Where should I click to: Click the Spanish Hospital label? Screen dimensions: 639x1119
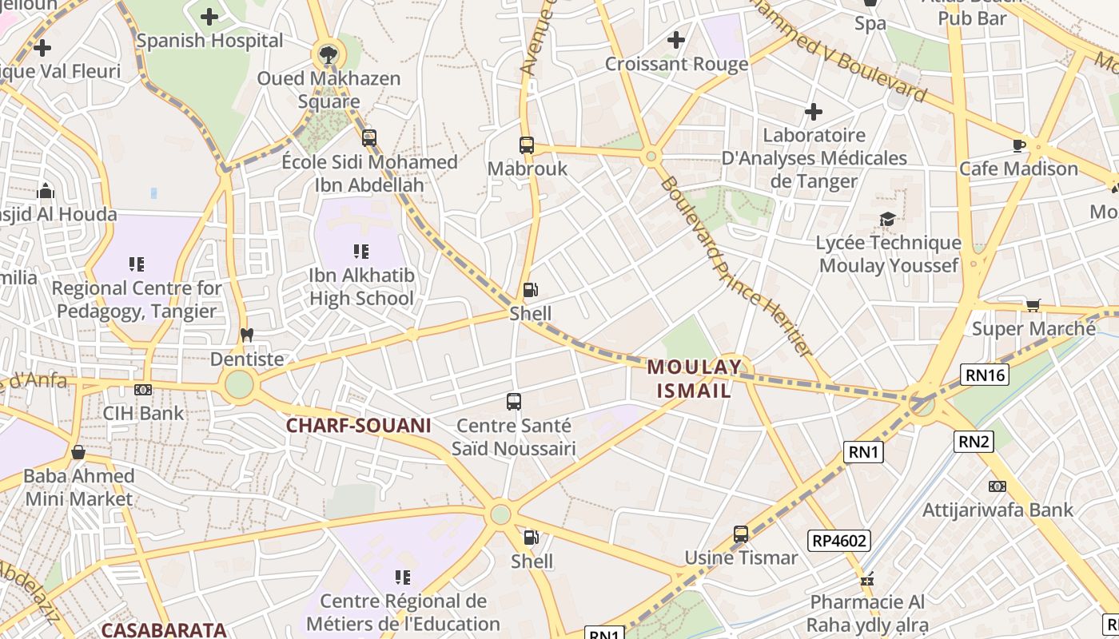tap(209, 41)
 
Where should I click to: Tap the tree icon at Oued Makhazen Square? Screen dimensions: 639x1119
tap(327, 54)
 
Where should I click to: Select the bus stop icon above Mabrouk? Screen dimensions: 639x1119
tap(527, 145)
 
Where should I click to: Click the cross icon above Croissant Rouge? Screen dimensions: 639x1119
tap(676, 39)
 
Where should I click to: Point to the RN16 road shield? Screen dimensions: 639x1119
tap(985, 375)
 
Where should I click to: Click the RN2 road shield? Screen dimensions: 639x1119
tap(974, 441)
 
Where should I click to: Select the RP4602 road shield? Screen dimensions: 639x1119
tap(838, 541)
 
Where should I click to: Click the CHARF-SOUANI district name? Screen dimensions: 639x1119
tap(358, 426)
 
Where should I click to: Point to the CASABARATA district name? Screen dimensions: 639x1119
tap(164, 629)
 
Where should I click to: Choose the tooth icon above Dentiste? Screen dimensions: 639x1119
tap(247, 335)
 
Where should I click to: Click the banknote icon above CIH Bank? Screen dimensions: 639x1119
tap(143, 390)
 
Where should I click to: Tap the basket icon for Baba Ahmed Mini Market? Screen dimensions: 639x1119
tap(78, 453)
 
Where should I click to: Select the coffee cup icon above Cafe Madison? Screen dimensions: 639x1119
tap(1019, 145)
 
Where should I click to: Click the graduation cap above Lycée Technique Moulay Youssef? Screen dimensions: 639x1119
tap(888, 219)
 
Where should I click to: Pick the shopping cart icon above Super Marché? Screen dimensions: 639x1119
tap(1033, 305)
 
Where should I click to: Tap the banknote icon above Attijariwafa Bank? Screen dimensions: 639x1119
tap(998, 486)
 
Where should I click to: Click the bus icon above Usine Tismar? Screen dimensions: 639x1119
tap(741, 534)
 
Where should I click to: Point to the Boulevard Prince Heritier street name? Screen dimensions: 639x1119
tap(736, 267)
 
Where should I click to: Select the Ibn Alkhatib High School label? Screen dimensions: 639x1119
tap(361, 288)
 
